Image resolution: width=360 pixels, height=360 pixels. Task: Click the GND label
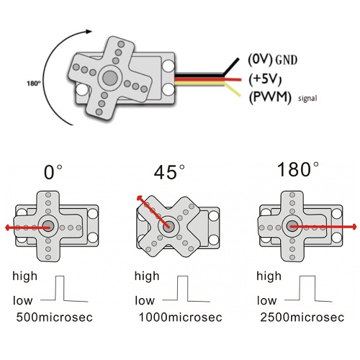click(x=286, y=60)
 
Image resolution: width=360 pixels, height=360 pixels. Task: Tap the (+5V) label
click(x=265, y=79)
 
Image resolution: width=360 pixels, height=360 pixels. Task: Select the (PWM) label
click(x=270, y=97)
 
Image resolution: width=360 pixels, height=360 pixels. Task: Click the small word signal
click(x=307, y=98)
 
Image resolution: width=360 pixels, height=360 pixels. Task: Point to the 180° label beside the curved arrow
click(x=34, y=84)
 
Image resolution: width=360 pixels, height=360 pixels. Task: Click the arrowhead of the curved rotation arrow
click(x=89, y=32)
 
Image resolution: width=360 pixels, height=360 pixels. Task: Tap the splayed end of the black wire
click(x=237, y=59)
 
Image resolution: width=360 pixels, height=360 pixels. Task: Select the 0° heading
click(x=53, y=172)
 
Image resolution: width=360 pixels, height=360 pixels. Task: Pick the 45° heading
click(x=169, y=172)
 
